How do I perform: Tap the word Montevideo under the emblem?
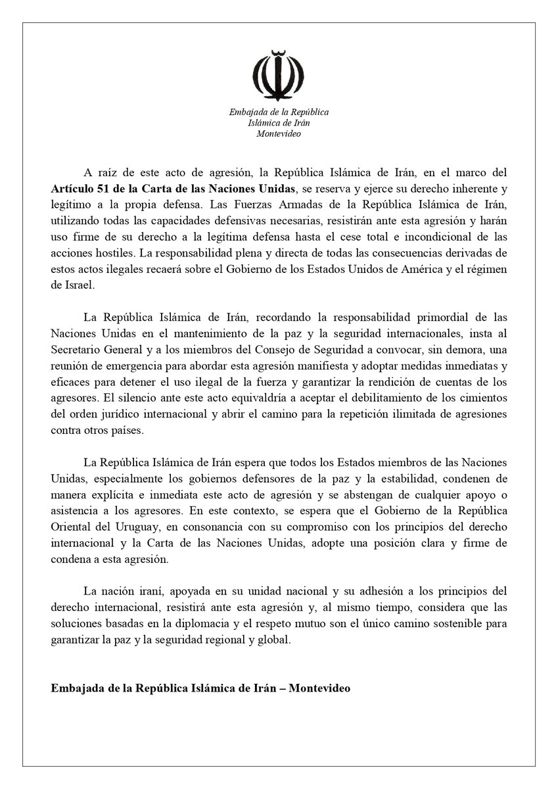[x=279, y=133]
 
